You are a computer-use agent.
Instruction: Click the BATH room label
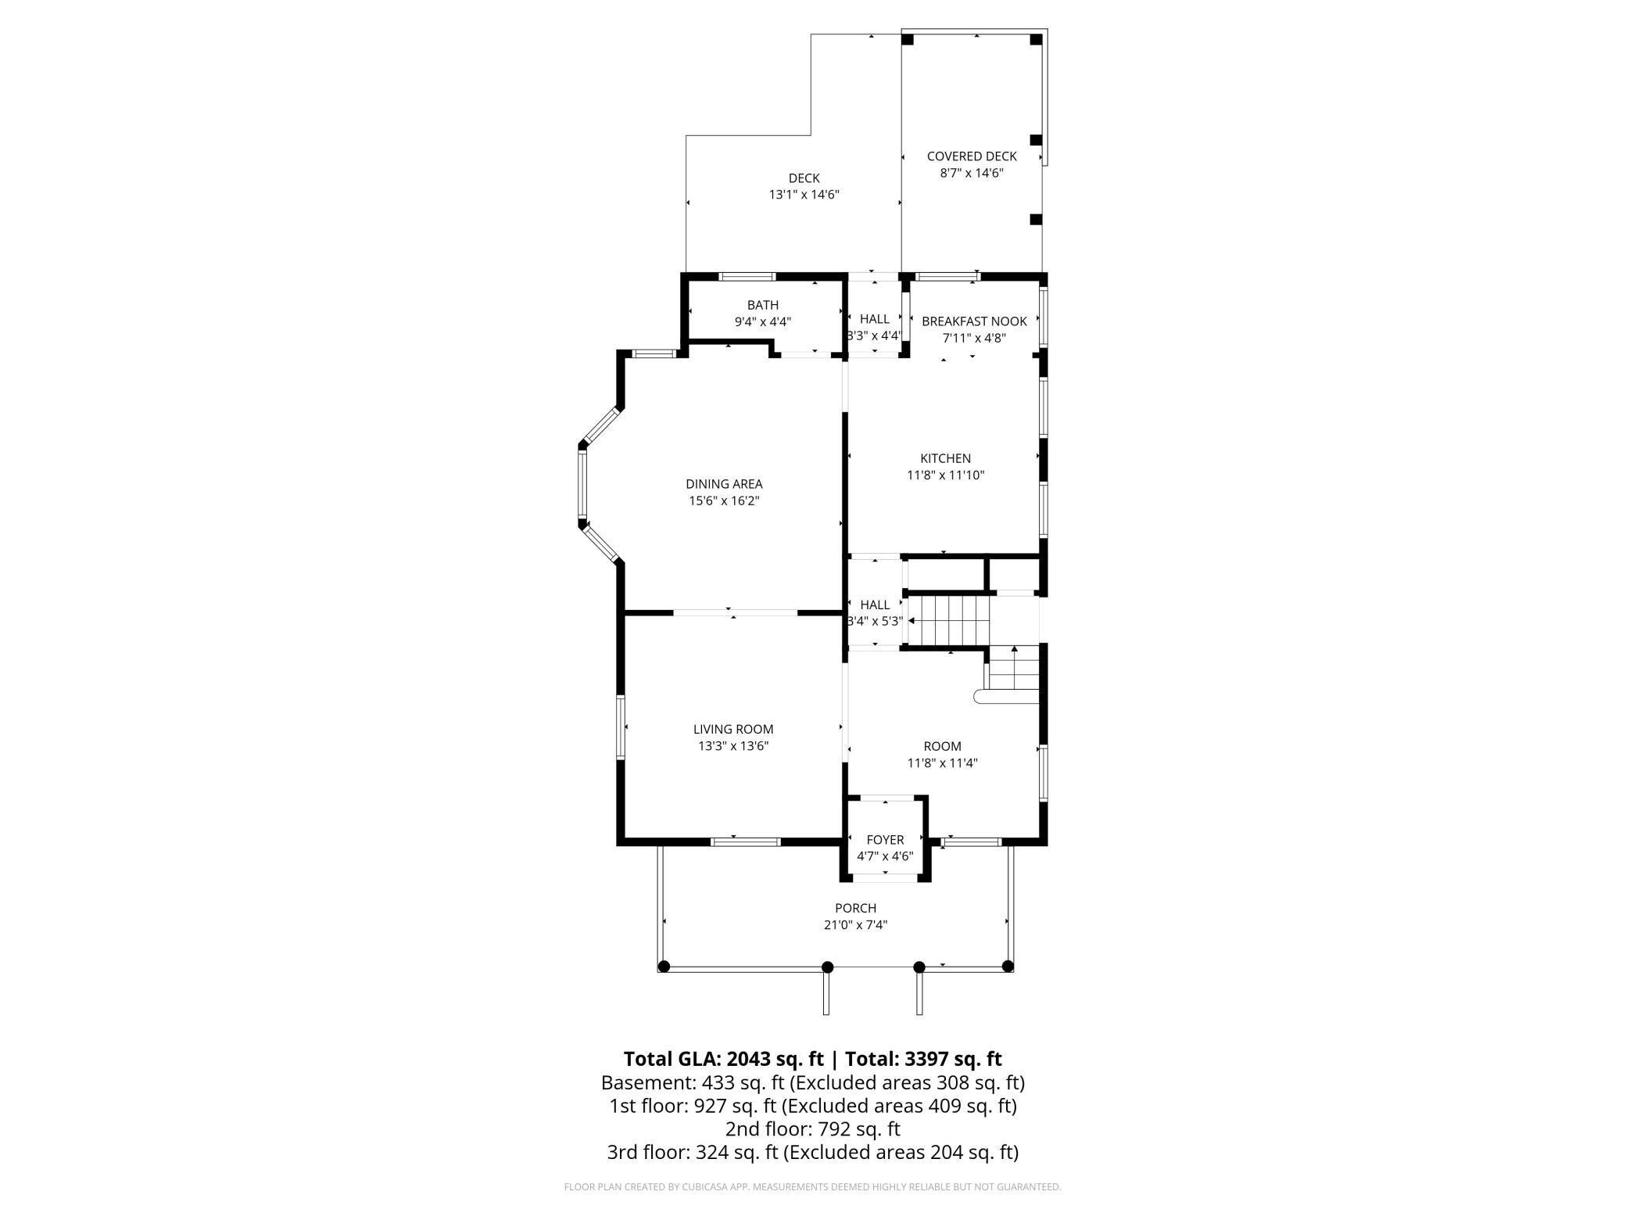pos(762,305)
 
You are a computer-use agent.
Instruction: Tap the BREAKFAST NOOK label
pos(974,321)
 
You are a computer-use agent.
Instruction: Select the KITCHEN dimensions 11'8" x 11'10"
pos(945,475)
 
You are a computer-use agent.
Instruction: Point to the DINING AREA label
pos(724,484)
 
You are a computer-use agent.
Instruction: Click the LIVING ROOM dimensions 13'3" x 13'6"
pos(733,746)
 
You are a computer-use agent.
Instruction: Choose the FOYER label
pos(885,840)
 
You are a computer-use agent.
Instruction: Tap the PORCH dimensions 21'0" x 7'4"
pos(855,925)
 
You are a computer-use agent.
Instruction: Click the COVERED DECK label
pos(972,156)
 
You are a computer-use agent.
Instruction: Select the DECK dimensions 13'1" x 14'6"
pos(804,195)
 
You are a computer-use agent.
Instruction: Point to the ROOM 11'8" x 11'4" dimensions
pos(942,762)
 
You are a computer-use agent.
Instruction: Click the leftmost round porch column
pos(664,967)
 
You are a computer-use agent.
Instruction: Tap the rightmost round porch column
pos(1008,966)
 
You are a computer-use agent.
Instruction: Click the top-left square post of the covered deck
pos(908,39)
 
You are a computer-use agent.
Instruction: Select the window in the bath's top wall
pos(747,276)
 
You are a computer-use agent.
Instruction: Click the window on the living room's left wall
pos(621,727)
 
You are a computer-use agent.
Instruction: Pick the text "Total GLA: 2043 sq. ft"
pos(723,1059)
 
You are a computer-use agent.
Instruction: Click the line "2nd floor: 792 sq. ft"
pos(812,1129)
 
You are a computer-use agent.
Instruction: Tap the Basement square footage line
pos(812,1083)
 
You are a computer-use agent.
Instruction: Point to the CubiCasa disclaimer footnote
pos(812,1187)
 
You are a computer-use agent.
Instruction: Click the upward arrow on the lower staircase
pos(1015,650)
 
